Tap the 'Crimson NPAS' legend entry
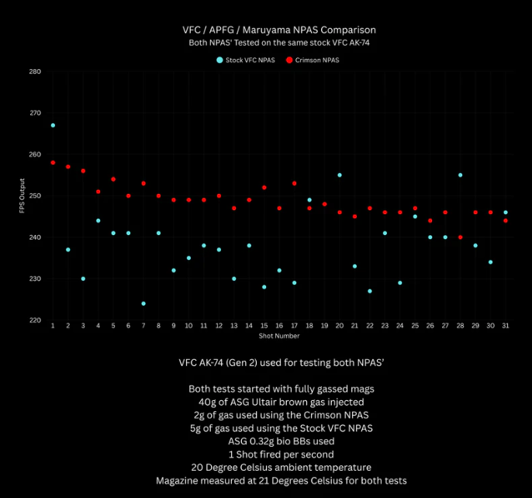click(317, 60)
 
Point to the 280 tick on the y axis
click(36, 71)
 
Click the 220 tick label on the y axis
click(36, 320)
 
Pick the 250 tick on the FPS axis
click(36, 195)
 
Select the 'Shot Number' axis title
click(279, 336)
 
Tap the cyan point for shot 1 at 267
click(53, 125)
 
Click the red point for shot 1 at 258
click(53, 163)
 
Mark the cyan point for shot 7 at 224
click(143, 303)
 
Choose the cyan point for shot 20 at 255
click(340, 175)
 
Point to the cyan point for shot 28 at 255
click(461, 175)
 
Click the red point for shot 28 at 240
click(461, 237)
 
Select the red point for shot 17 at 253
click(295, 183)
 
